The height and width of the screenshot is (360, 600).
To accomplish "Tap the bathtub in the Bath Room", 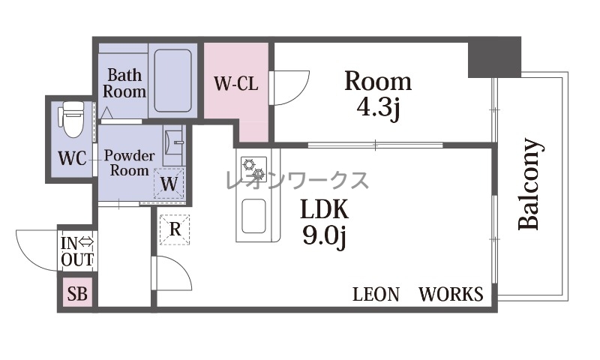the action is [x=172, y=80].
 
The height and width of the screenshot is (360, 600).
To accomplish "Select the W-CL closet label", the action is [x=235, y=84].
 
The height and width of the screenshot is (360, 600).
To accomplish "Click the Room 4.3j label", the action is [x=378, y=96].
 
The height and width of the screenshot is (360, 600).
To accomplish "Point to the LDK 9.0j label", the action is [x=325, y=223].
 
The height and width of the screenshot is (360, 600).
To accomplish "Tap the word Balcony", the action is [x=530, y=184].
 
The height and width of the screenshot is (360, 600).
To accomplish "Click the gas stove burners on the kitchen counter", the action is [x=253, y=169].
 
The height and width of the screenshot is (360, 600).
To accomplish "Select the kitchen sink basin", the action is [x=253, y=216].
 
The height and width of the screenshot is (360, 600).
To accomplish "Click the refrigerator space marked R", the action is [x=175, y=229].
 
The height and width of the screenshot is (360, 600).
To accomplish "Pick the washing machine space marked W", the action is [x=169, y=183].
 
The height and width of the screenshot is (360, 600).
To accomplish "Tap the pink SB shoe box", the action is [x=77, y=293].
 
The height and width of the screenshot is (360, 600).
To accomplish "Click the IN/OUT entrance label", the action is [x=77, y=251].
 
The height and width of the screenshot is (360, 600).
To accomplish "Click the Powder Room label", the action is [x=129, y=163].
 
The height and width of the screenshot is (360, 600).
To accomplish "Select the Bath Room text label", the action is [x=124, y=83].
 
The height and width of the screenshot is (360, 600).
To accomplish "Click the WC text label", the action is [x=72, y=158].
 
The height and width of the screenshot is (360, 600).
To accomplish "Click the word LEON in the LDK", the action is [x=376, y=294].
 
